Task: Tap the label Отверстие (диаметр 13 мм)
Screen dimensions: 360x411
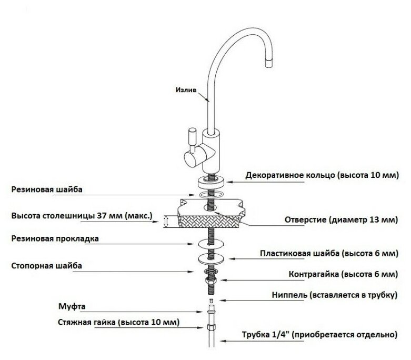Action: (339, 219)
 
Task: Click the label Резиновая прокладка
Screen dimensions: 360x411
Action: (56, 238)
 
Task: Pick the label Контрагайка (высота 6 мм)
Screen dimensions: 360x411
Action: (343, 274)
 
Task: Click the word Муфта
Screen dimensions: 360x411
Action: (70, 306)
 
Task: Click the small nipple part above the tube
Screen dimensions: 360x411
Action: (211, 302)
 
